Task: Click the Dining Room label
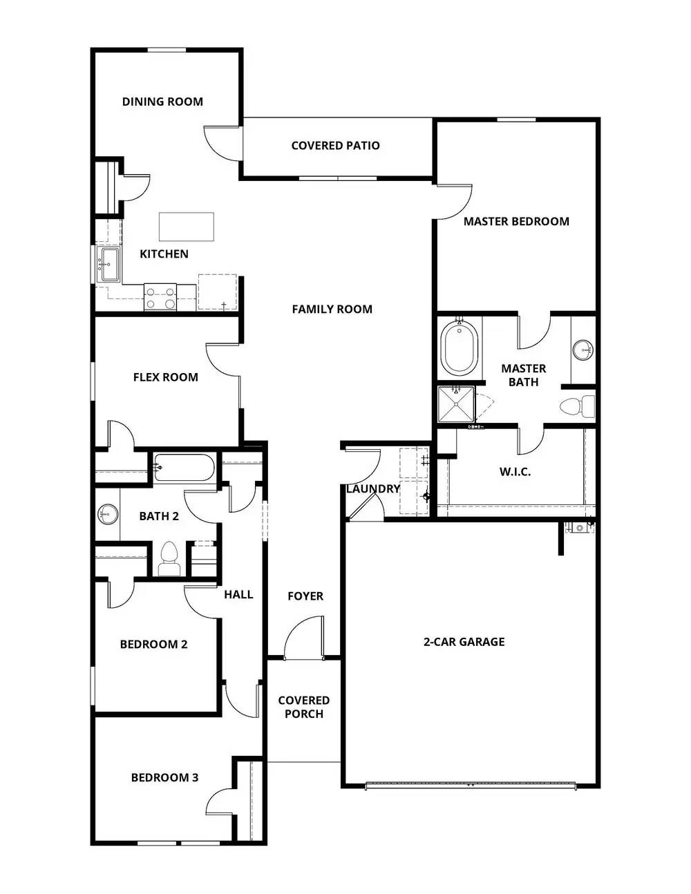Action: coord(162,102)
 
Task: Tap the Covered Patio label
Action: coord(335,146)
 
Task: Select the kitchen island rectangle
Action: coord(187,227)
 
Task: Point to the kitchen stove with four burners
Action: coord(160,297)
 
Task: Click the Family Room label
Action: coord(332,310)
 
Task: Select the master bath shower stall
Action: coord(457,405)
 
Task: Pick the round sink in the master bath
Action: coord(584,350)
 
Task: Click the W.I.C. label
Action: coord(515,473)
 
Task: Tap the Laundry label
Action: coord(373,489)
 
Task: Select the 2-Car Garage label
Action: coord(464,642)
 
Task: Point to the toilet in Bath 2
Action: coord(169,558)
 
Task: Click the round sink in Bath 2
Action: coord(107,513)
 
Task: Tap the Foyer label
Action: coord(305,596)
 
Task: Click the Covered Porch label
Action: coord(304,707)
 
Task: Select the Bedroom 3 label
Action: coord(164,778)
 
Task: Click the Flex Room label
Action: coord(166,377)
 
